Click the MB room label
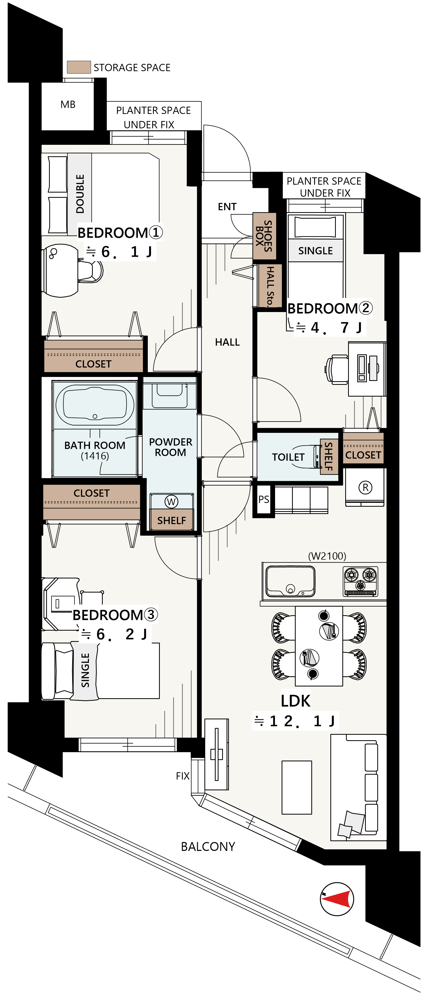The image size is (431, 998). pyautogui.click(x=68, y=105)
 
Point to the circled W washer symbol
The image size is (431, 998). pyautogui.click(x=171, y=502)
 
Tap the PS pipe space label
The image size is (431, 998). pyautogui.click(x=264, y=499)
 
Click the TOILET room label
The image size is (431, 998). pyautogui.click(x=288, y=457)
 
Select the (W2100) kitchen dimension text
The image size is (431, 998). pyautogui.click(x=327, y=556)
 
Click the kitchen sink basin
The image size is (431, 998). pyautogui.click(x=290, y=581)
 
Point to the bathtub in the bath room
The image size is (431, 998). pyautogui.click(x=95, y=404)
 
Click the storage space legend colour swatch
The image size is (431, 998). pyautogui.click(x=79, y=67)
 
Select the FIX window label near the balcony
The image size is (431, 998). pyautogui.click(x=183, y=776)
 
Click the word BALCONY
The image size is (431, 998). pyautogui.click(x=208, y=846)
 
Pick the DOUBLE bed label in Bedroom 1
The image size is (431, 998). pyautogui.click(x=80, y=194)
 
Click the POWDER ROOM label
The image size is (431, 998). pyautogui.click(x=170, y=447)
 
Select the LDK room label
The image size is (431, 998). pyautogui.click(x=295, y=701)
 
